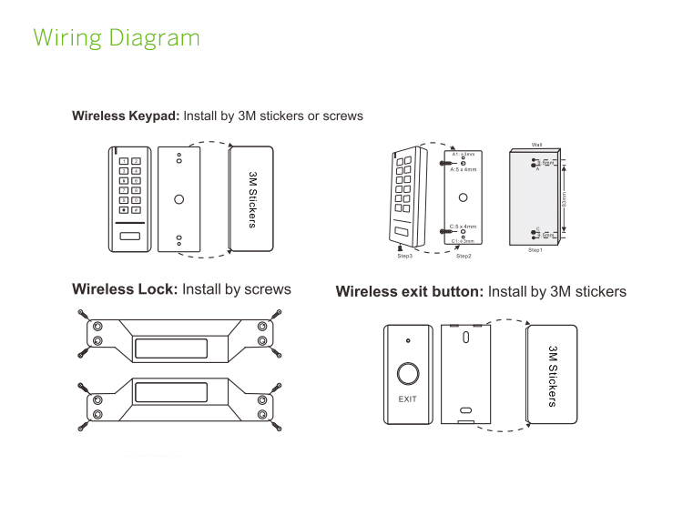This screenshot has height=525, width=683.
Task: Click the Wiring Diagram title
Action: [116, 38]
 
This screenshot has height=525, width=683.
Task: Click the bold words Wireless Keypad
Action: [126, 116]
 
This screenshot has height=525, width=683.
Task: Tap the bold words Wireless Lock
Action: [125, 289]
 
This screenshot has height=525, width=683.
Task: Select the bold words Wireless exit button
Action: [409, 292]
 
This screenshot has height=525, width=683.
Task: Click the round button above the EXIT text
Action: [409, 374]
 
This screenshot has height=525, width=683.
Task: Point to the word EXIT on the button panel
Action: [409, 399]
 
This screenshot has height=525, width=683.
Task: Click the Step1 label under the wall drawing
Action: [535, 249]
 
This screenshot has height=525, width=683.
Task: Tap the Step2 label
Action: [464, 257]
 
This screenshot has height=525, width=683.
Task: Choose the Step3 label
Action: [405, 257]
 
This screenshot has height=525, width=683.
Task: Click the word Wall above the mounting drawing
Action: [537, 145]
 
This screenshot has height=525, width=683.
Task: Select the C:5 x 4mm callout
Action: [464, 226]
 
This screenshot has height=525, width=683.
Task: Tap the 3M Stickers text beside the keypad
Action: [252, 198]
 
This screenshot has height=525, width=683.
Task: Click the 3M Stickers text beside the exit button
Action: [552, 376]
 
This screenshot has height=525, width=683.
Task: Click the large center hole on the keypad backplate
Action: [179, 199]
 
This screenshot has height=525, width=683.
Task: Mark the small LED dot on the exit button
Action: [409, 340]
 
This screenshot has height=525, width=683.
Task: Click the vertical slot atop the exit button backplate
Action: [465, 338]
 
